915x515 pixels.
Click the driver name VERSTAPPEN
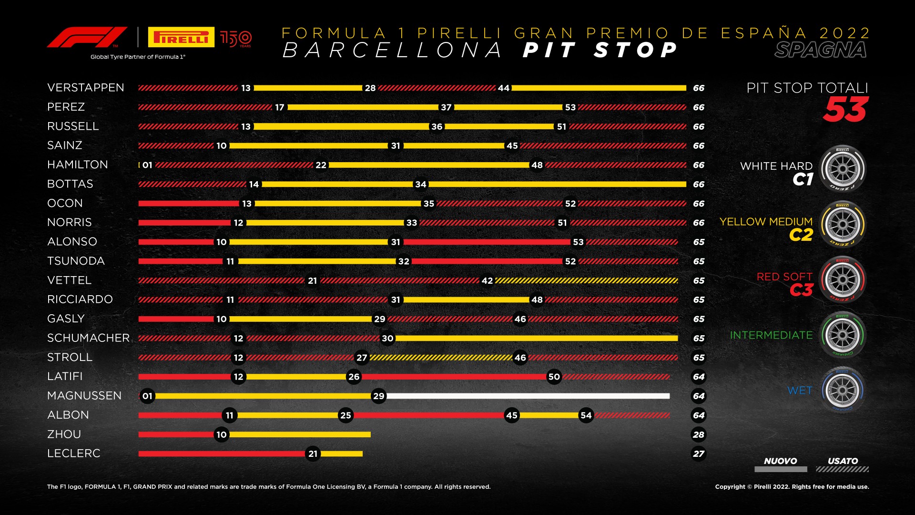coord(86,88)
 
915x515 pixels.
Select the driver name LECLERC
coord(74,453)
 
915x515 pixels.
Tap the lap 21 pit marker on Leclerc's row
coord(313,454)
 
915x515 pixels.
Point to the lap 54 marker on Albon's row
coord(586,415)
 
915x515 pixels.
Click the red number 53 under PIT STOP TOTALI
coord(845,110)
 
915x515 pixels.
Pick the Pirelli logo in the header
coord(181,37)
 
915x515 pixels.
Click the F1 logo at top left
coord(87,37)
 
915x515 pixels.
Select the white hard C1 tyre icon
coord(842,169)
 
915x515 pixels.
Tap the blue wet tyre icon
coord(842,390)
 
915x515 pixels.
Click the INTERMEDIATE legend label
coord(771,335)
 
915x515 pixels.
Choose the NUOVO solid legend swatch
coord(781,469)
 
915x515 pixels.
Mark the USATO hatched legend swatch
coord(842,469)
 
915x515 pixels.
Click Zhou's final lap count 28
coord(699,434)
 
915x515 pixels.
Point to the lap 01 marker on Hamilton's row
coord(147,165)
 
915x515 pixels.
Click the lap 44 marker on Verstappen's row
coord(503,88)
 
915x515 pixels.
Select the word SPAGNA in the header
coord(821,50)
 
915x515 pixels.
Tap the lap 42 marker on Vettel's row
coord(487,281)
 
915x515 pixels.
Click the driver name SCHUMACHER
coord(89,338)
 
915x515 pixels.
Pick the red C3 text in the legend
coord(801,290)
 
